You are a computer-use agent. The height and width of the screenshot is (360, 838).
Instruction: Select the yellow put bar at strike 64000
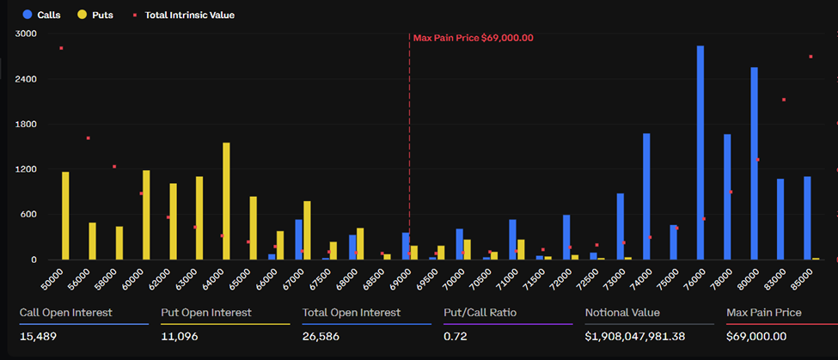[x=226, y=201]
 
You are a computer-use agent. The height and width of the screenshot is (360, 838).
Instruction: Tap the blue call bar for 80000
[x=754, y=163]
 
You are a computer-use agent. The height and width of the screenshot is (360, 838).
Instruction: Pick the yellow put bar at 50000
[x=65, y=216]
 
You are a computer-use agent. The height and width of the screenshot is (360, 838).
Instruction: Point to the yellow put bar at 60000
[x=146, y=215]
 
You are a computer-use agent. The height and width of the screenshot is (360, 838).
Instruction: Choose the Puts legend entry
[x=95, y=15]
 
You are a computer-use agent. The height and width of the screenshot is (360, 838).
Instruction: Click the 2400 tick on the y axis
[x=27, y=79]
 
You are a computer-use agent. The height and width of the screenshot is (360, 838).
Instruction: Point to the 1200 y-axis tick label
[x=27, y=169]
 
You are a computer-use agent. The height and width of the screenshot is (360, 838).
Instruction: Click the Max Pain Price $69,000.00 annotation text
[x=473, y=38]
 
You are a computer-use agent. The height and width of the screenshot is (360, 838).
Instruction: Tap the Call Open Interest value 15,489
[x=37, y=336]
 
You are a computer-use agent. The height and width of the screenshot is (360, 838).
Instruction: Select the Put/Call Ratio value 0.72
[x=456, y=336]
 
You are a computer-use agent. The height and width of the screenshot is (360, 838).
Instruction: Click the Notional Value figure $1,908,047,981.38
[x=635, y=336]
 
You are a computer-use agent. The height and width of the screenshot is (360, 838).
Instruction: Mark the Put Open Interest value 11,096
[x=179, y=336]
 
